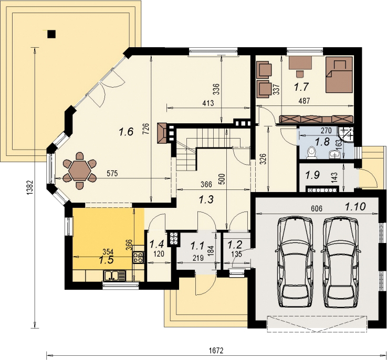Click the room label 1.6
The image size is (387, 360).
tap(126, 132)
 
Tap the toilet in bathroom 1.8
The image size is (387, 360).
tap(311, 153)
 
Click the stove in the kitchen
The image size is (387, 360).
tap(138, 257)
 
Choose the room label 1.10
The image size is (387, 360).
tap(355, 207)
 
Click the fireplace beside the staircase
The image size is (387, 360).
tap(162, 133)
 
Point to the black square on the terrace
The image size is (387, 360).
tap(51, 34)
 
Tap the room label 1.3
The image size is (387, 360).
tap(206, 199)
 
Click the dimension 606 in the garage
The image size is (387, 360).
tap(317, 209)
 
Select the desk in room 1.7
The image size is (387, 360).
tap(300, 63)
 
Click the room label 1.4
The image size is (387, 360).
tap(156, 244)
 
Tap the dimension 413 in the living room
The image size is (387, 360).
tap(208, 103)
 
